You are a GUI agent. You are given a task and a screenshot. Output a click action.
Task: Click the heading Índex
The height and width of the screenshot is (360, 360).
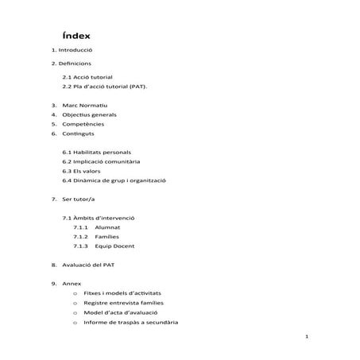pos(76,37)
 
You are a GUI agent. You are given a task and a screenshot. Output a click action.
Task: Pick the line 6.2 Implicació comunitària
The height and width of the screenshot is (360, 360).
pos(106,161)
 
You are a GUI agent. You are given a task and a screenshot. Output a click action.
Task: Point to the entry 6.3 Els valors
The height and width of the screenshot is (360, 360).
pos(86,170)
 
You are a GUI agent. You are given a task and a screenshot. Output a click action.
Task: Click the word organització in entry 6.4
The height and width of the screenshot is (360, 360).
pos(147,180)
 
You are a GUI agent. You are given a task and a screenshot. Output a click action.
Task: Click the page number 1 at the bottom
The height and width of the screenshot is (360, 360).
pos(306,338)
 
